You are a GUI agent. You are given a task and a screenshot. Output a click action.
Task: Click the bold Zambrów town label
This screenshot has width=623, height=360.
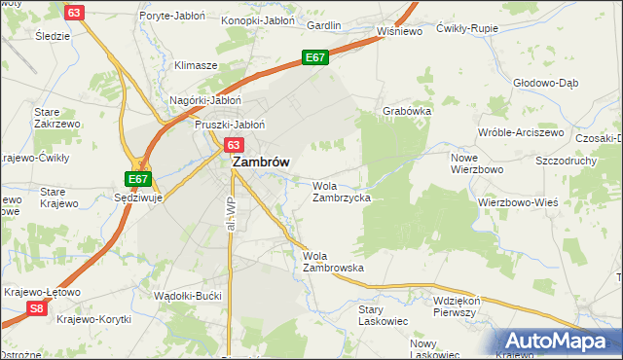coord(259,163)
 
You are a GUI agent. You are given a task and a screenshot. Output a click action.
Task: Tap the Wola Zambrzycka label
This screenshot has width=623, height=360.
coord(341,191)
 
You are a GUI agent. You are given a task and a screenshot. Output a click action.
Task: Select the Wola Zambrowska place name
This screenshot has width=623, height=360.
coord(333,261)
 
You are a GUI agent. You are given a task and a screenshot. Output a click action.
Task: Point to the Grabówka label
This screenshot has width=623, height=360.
coord(407,111)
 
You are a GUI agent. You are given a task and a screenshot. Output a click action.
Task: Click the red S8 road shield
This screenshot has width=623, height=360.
coord(36,308)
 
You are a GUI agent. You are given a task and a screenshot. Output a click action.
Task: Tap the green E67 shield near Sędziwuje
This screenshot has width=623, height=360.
coord(138,179)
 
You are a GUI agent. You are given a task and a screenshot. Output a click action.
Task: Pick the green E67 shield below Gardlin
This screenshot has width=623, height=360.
coord(313,58)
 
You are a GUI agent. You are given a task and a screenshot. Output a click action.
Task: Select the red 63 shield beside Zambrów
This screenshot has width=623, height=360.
coord(234,144)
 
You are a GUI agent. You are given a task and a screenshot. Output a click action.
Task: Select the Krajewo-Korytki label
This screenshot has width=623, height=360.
coord(93,318)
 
